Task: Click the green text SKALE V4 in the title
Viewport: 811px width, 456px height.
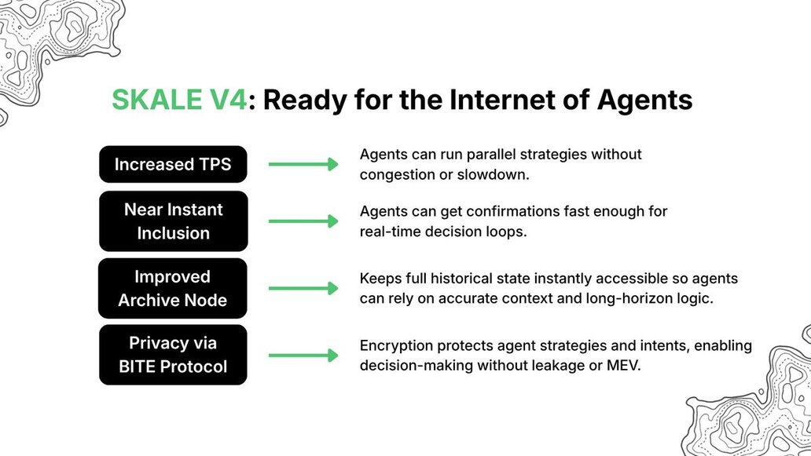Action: pos(179,100)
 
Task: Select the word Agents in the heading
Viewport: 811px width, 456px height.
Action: pos(644,100)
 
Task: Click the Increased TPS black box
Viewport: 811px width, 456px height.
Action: pos(173,164)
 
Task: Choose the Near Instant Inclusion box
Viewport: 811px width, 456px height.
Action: pos(173,221)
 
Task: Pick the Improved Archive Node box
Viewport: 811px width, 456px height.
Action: pos(173,288)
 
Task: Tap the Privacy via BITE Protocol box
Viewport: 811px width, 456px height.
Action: pos(173,355)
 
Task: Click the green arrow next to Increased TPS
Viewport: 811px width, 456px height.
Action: pos(303,164)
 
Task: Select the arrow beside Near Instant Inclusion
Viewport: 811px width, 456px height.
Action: pos(303,221)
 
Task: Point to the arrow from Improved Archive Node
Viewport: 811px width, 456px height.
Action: pos(303,288)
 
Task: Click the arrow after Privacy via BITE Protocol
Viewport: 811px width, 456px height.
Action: pos(303,356)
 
